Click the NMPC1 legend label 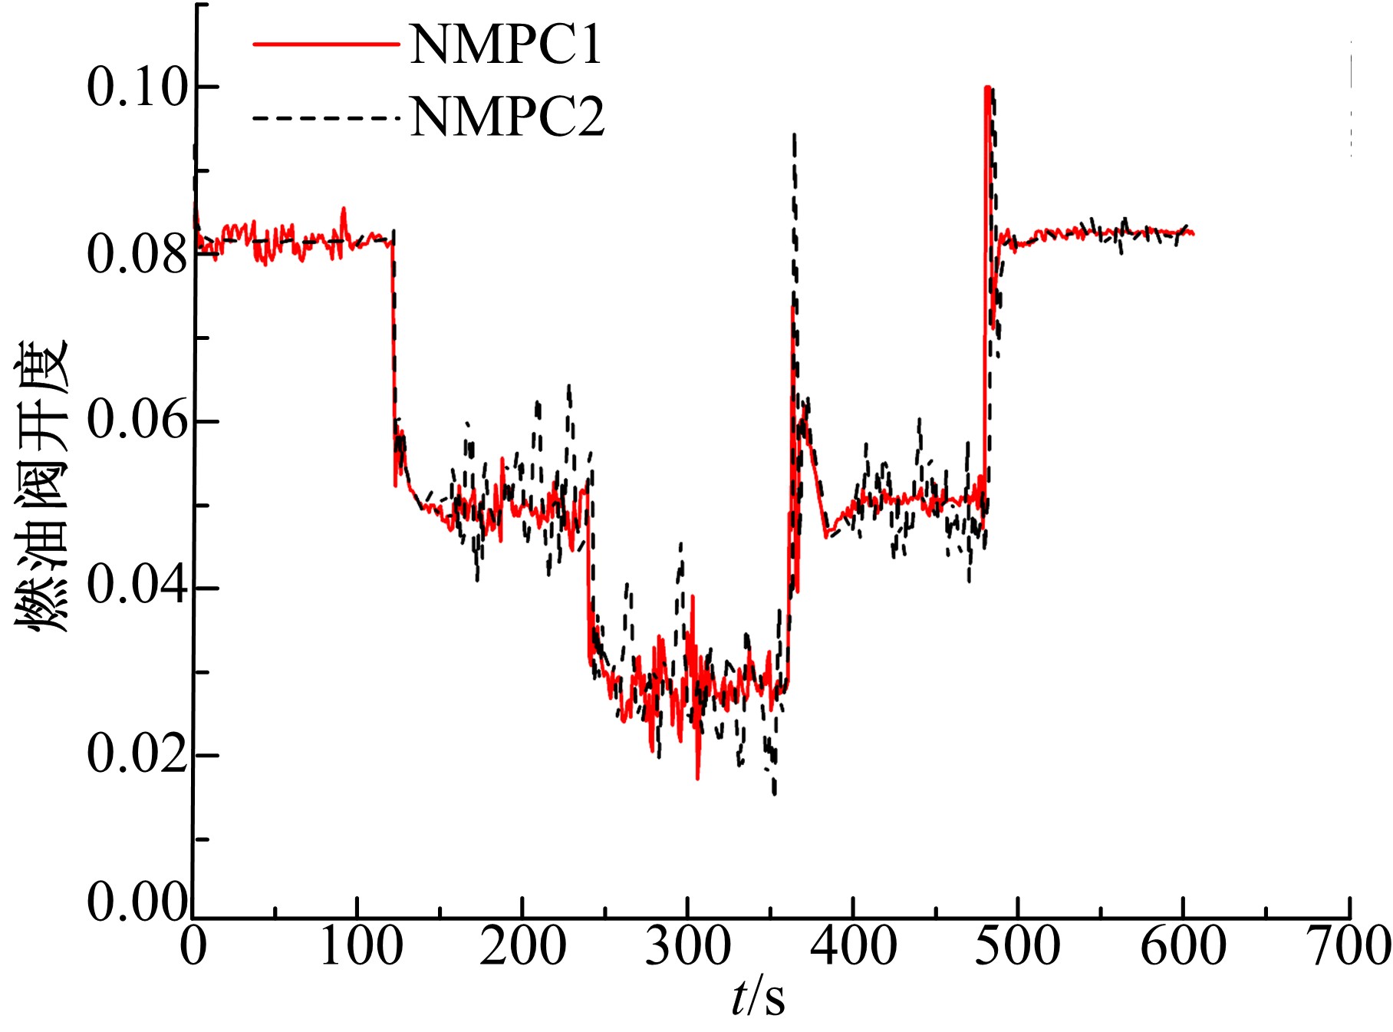tap(506, 45)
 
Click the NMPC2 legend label tap(508, 117)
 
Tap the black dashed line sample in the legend tap(326, 117)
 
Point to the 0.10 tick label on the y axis tap(137, 86)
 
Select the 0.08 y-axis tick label tap(137, 254)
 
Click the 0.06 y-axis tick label tap(137, 420)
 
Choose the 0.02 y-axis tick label tap(137, 753)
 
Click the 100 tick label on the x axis tap(360, 946)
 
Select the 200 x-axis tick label tap(523, 946)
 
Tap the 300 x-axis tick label tap(688, 946)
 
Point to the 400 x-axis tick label tap(853, 946)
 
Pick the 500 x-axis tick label tap(1018, 946)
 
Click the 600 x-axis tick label tap(1183, 946)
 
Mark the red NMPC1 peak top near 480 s tap(986, 87)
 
